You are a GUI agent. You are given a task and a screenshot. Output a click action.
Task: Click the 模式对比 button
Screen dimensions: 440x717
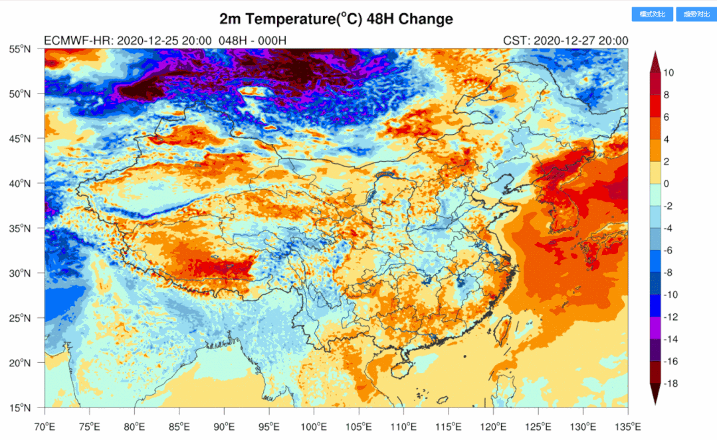[x=653, y=14]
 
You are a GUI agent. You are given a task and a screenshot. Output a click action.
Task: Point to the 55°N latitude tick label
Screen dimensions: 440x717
[x=21, y=48]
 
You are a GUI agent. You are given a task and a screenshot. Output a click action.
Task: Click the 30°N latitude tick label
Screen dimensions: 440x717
[x=21, y=273]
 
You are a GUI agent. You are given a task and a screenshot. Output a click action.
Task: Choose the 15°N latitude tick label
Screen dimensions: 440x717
[x=21, y=407]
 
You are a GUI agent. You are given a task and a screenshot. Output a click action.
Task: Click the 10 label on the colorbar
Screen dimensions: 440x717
[x=668, y=73]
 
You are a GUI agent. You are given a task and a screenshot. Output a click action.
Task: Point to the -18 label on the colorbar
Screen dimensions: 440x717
[x=670, y=384]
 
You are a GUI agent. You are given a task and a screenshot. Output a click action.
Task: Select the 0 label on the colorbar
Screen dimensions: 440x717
[x=666, y=184]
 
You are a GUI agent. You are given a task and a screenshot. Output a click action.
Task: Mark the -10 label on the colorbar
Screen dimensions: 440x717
[x=670, y=295]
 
